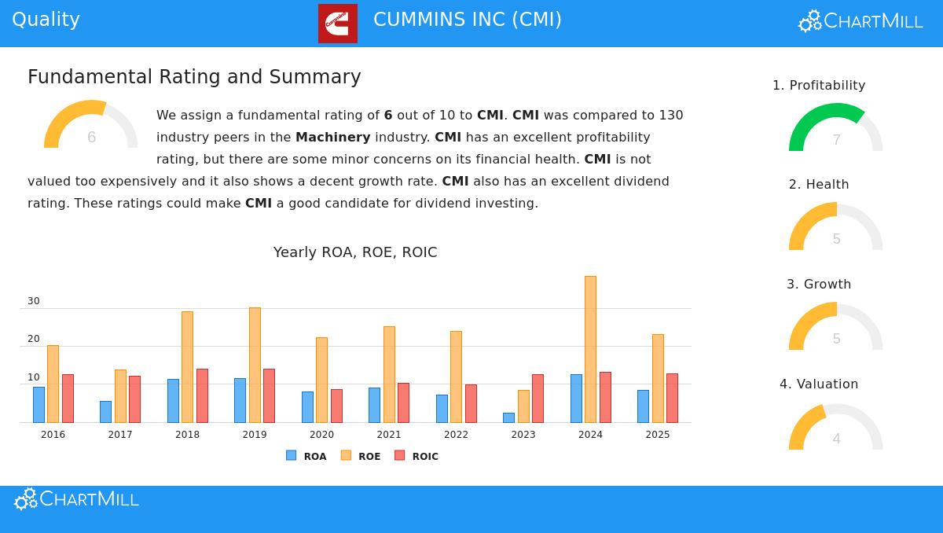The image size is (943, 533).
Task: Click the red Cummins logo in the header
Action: [337, 23]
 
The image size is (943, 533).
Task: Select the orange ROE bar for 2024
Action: [590, 349]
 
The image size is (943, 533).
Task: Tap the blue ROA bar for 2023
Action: [508, 417]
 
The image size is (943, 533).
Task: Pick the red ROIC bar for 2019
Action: [269, 395]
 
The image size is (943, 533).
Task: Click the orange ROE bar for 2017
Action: [120, 395]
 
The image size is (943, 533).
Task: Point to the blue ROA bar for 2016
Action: [39, 404]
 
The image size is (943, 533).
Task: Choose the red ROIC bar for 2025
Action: [672, 398]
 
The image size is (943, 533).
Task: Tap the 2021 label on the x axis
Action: [389, 435]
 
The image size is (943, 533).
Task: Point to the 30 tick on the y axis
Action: [33, 301]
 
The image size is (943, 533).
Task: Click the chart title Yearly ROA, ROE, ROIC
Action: [355, 252]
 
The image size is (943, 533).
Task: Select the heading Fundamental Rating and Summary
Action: [194, 77]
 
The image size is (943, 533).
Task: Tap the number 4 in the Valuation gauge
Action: [836, 439]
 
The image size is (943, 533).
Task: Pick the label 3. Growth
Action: [819, 284]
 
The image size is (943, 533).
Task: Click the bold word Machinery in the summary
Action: [332, 137]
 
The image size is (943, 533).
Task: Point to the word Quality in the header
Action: [46, 20]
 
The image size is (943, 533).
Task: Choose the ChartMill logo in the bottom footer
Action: [77, 499]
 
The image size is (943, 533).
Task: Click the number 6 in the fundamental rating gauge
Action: [91, 138]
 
